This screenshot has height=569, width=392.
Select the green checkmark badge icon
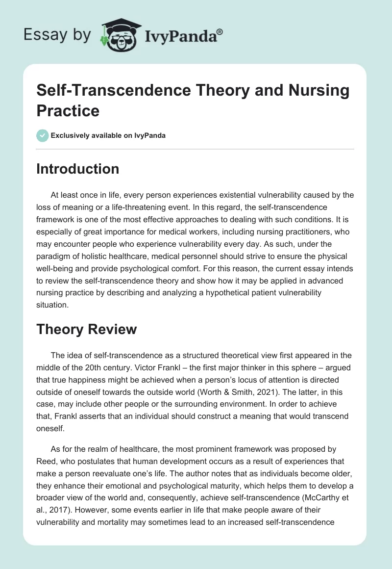pyautogui.click(x=42, y=135)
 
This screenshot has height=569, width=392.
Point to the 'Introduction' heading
pyautogui.click(x=78, y=169)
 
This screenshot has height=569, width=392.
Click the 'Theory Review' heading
pyautogui.click(x=86, y=330)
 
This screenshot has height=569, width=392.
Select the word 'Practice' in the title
pyautogui.click(x=68, y=110)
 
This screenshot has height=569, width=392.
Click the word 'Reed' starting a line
pyautogui.click(x=47, y=462)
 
